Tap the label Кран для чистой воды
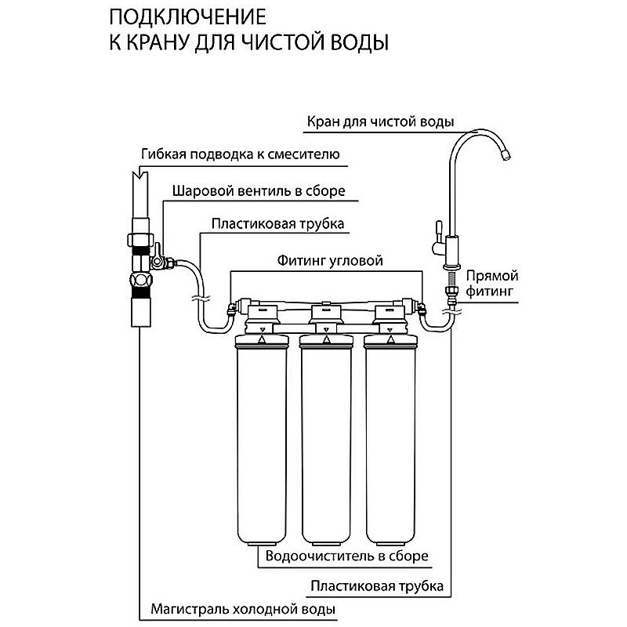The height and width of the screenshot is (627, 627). coord(379,121)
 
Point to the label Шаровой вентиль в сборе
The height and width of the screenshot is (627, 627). coord(257,190)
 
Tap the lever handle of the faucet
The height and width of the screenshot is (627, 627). coord(433,234)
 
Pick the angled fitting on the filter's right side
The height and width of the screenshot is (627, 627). coord(422,309)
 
